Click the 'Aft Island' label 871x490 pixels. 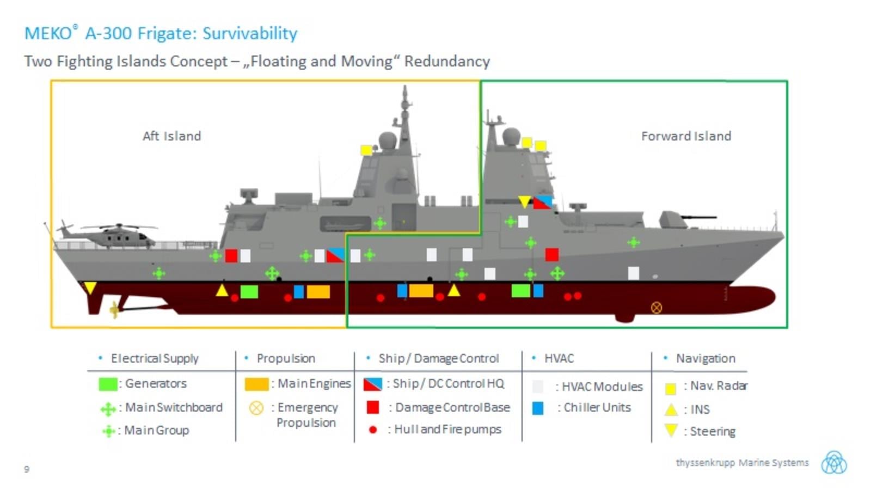point(171,136)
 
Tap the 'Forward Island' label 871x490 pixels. point(686,136)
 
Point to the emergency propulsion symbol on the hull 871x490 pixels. point(657,308)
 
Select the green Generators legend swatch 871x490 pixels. point(108,384)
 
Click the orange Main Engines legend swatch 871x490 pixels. point(256,384)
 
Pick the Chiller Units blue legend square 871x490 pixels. point(538,408)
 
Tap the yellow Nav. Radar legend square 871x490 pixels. point(671,388)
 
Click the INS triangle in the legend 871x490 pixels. point(671,409)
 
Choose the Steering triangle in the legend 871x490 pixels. point(671,430)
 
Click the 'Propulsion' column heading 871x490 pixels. point(286,358)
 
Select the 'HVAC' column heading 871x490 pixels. point(559,358)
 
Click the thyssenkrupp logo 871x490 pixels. point(834,463)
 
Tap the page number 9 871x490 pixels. point(27,469)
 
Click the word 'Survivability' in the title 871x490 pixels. point(250,33)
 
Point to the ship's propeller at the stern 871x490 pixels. point(114,310)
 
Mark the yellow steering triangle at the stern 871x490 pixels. point(90,287)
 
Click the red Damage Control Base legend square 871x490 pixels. point(373,407)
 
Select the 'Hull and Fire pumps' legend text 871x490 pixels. point(447,429)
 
